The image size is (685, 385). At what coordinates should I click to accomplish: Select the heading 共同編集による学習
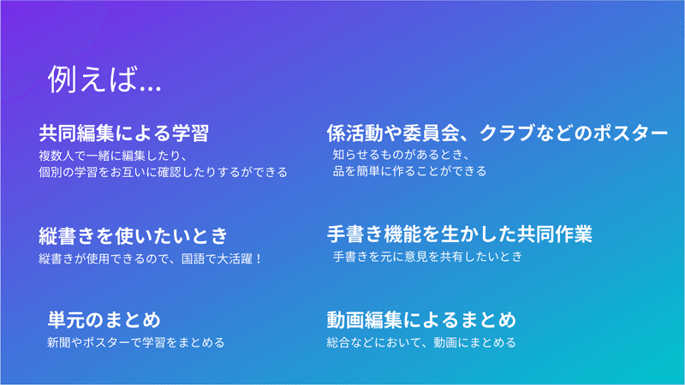[x=124, y=133]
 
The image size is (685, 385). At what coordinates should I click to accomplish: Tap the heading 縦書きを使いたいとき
[x=134, y=236]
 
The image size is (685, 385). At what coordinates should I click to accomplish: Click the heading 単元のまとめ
[x=104, y=319]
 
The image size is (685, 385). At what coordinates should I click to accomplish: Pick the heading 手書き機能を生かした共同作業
[x=460, y=234]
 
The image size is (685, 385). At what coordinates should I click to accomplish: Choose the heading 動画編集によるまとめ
[x=421, y=319]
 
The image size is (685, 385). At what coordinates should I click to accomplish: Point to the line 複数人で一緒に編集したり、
[x=114, y=156]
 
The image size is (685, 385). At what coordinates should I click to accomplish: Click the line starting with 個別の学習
[x=163, y=172]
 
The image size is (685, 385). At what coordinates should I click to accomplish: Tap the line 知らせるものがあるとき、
[x=402, y=155]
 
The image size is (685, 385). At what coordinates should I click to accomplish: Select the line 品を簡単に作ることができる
[x=410, y=171]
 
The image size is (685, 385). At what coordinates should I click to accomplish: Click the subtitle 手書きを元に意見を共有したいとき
[x=427, y=256]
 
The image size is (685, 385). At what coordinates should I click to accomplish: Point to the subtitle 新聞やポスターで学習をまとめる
[x=136, y=342]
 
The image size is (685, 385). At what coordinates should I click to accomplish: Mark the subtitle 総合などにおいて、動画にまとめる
[x=421, y=342]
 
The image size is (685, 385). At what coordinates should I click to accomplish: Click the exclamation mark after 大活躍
[x=259, y=259]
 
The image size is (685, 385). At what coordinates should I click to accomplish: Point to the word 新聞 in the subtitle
[x=59, y=342]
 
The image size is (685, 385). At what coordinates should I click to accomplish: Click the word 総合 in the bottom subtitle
[x=338, y=342]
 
